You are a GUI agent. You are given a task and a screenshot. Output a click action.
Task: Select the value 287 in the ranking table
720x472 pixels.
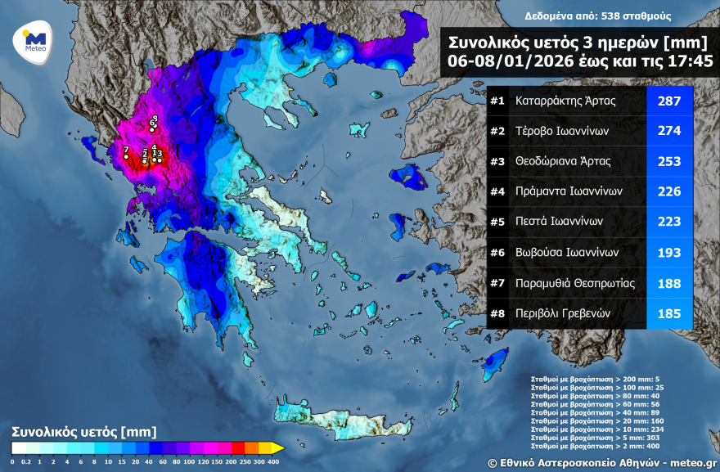tap(669, 101)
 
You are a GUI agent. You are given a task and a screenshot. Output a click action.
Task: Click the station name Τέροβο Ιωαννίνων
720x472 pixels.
tap(561, 132)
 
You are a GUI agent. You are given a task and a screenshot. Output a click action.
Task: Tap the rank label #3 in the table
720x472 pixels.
tap(497, 161)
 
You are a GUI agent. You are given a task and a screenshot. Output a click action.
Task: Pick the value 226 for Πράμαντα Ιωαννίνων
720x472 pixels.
tap(669, 191)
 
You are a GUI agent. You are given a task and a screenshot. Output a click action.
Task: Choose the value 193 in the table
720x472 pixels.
tap(669, 252)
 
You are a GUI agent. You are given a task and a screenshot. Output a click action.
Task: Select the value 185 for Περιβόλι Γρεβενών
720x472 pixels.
tap(669, 312)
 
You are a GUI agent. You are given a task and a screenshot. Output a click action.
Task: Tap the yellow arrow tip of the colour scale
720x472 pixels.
tap(278, 447)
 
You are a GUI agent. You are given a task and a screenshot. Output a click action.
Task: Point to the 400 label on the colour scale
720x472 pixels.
tap(273, 461)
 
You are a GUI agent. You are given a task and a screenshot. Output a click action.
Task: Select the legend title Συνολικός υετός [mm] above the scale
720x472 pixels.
tap(83, 431)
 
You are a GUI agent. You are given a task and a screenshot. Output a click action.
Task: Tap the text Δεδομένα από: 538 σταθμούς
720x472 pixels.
tap(587, 16)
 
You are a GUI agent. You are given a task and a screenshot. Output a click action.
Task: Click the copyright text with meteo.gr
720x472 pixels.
tap(601, 462)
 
